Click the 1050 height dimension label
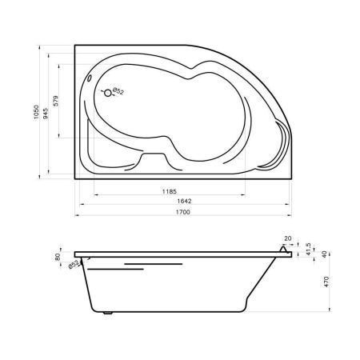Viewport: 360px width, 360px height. coord(36,112)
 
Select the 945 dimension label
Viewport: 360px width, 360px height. coord(46,114)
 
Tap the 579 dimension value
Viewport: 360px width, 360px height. coord(55,101)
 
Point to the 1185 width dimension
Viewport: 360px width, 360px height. coord(170,191)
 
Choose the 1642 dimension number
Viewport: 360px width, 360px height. coord(184,201)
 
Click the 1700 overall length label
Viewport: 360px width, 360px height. coord(183,212)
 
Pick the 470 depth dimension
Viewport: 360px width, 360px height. coord(326,282)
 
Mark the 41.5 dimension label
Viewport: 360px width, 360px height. coord(309,249)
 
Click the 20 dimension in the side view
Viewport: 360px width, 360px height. coord(288,238)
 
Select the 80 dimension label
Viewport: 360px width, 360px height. coord(58,257)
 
